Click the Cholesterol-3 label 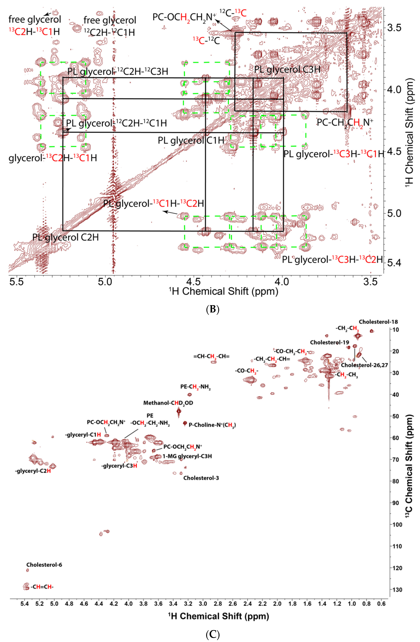point(201,478)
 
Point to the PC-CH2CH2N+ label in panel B point(345,123)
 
